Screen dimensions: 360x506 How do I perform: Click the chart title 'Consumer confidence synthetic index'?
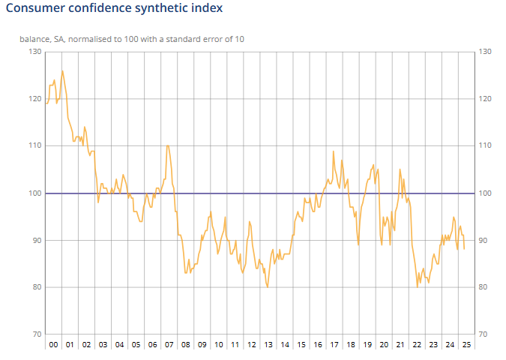[114, 9]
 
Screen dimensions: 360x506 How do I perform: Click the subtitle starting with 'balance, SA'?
[132, 38]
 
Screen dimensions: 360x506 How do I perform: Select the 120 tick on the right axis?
[485, 99]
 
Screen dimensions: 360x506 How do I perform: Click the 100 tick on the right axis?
[485, 193]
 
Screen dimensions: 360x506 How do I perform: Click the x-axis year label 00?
[52, 345]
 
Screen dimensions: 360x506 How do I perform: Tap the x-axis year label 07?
[169, 345]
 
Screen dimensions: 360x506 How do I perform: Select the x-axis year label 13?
[268, 345]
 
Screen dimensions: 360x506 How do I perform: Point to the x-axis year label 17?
[334, 345]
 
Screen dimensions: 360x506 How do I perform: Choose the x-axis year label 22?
[417, 345]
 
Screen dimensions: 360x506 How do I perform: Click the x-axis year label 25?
[466, 345]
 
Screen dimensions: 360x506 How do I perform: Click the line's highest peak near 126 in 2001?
[62, 71]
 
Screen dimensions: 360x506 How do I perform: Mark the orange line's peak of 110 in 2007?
[167, 145]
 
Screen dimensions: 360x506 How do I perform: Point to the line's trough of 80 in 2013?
[268, 287]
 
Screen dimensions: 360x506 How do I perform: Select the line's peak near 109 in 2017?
[334, 151]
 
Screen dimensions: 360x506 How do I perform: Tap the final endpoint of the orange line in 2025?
[464, 249]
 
